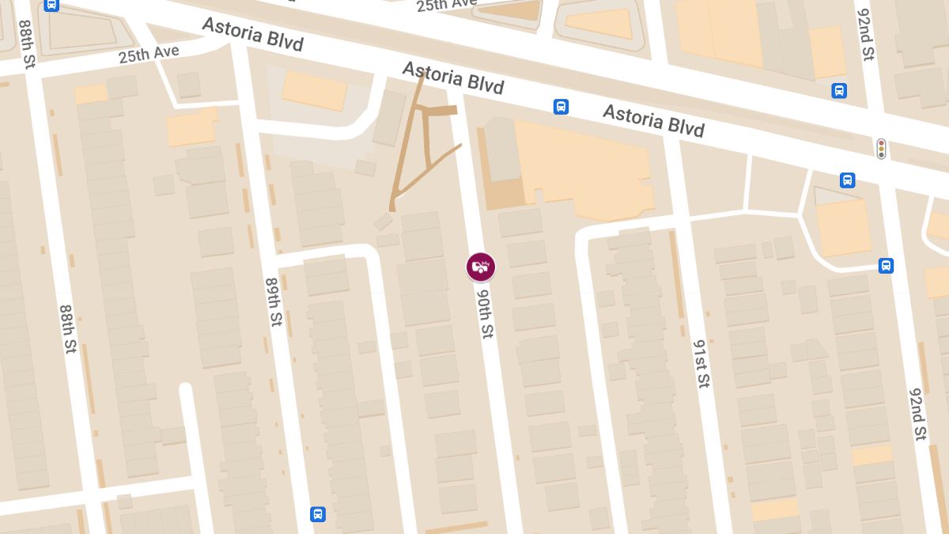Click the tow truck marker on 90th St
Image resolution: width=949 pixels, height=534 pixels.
[480, 267]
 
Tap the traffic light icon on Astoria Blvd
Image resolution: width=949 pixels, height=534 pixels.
[881, 149]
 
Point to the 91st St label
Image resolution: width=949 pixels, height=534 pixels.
[701, 363]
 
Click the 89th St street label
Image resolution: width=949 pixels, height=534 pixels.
[274, 303]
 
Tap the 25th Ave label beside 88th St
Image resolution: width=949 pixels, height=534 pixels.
[149, 55]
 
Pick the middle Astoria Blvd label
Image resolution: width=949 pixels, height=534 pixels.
[453, 78]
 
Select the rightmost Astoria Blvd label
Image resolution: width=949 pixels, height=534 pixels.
[653, 119]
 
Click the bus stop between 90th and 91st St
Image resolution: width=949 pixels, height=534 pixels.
[561, 107]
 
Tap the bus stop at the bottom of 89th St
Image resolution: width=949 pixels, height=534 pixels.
[318, 514]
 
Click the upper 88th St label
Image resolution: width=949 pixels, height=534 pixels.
[26, 44]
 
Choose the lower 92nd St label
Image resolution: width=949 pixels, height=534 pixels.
[917, 414]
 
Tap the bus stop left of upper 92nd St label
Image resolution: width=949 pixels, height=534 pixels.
[839, 91]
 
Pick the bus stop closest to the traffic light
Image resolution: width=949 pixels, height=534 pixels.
[847, 180]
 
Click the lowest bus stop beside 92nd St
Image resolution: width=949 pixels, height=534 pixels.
[886, 266]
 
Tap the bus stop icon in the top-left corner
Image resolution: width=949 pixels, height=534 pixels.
[51, 5]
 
